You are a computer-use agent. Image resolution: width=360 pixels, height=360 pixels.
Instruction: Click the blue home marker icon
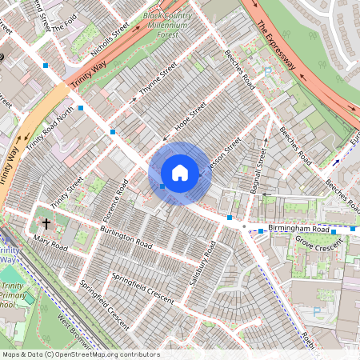click(180, 173)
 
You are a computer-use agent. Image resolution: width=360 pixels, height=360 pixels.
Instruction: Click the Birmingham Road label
click(298, 229)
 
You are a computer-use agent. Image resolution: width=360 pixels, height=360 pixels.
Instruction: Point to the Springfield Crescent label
click(142, 289)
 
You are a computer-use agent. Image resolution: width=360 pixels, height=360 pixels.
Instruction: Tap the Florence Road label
click(114, 203)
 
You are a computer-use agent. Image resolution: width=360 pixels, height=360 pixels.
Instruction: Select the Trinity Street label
click(66, 192)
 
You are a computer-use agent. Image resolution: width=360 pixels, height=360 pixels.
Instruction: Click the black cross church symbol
click(46, 225)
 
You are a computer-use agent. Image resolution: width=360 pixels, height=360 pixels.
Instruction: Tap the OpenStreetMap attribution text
click(80, 354)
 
